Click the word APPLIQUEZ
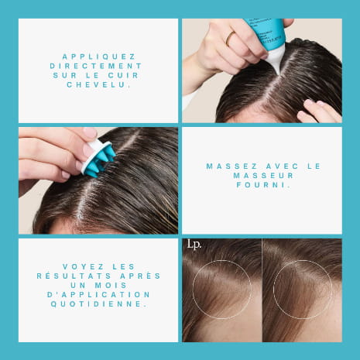(99, 57)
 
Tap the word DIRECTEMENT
(96, 66)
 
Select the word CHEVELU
(98, 85)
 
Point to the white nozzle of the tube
(275, 59)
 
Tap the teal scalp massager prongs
(99, 163)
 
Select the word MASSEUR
(263, 176)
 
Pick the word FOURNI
(263, 185)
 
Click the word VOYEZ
(83, 266)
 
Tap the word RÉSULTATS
(74, 276)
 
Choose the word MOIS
(111, 285)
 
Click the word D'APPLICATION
(98, 294)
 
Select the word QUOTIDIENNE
(100, 304)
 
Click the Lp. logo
(194, 245)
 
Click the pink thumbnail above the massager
(90, 132)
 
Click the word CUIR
(123, 75)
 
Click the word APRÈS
(140, 276)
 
